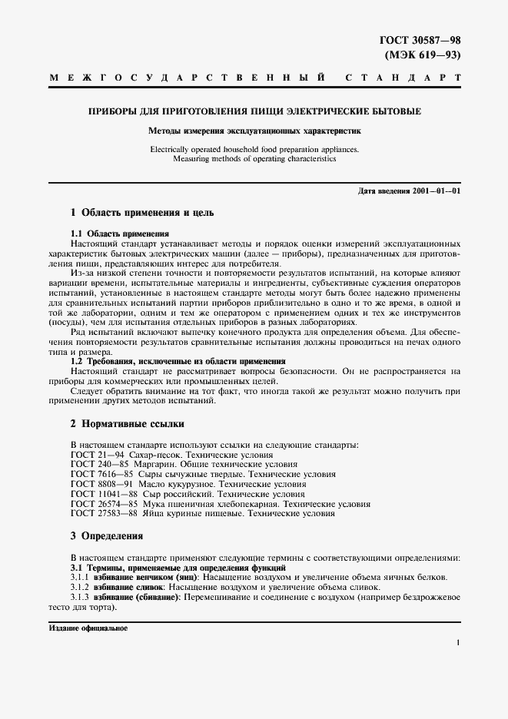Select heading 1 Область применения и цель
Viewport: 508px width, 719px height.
click(142, 212)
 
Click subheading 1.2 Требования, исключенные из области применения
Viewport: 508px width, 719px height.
click(178, 360)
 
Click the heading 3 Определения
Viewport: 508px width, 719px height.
click(107, 535)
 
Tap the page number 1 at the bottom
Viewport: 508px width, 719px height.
click(457, 643)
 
